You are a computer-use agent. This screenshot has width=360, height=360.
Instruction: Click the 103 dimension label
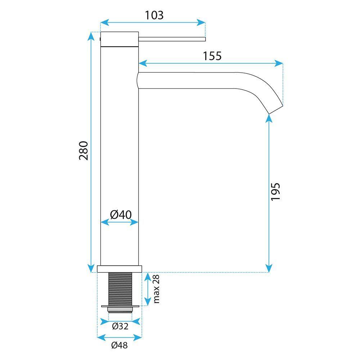tap(154, 15)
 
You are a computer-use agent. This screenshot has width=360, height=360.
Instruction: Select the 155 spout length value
tap(212, 56)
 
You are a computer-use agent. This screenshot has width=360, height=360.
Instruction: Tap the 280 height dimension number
tap(83, 150)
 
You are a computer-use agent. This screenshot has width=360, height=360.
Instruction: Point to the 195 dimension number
tap(275, 192)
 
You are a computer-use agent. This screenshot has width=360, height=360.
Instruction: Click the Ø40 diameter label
tap(120, 215)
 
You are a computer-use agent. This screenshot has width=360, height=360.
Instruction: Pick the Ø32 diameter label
tap(120, 326)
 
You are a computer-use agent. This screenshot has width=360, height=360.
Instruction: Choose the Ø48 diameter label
tap(119, 345)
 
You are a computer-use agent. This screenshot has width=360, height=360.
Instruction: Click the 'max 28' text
tap(156, 289)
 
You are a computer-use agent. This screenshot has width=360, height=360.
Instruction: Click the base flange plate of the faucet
tap(120, 269)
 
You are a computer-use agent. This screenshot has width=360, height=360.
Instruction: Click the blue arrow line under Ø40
tap(120, 222)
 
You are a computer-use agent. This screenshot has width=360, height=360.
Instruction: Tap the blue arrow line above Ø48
tap(119, 337)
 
